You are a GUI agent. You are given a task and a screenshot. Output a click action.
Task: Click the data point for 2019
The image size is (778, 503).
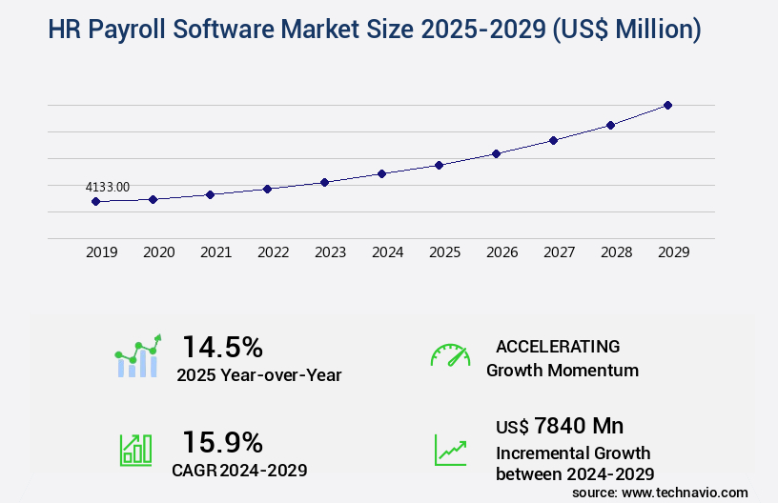click(95, 201)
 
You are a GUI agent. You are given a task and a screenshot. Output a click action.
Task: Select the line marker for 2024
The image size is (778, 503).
click(381, 173)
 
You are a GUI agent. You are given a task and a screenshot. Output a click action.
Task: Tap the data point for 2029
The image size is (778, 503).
click(667, 105)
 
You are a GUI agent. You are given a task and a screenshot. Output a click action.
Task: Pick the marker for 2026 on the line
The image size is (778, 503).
click(496, 153)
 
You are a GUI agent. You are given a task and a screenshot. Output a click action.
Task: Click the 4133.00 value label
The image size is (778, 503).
click(108, 188)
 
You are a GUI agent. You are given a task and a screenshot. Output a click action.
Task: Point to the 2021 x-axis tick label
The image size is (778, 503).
click(215, 252)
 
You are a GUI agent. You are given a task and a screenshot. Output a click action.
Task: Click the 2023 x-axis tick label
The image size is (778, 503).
click(330, 252)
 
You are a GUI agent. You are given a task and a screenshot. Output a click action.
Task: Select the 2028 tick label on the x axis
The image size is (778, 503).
click(616, 252)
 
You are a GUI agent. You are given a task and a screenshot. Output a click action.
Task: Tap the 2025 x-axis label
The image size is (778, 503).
click(444, 252)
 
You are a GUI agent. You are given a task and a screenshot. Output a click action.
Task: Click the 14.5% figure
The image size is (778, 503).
click(222, 346)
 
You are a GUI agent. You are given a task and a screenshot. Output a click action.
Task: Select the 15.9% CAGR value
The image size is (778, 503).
click(222, 442)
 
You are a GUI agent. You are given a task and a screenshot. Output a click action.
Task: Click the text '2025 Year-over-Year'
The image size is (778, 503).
click(258, 375)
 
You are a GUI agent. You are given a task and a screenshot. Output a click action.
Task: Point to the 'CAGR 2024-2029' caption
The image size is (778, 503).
click(239, 470)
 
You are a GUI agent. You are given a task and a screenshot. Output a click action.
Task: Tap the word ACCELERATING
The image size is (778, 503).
click(558, 346)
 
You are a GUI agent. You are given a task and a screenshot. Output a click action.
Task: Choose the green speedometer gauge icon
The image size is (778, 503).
click(450, 355)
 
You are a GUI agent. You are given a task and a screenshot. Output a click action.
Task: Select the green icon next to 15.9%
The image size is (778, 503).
click(135, 450)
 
